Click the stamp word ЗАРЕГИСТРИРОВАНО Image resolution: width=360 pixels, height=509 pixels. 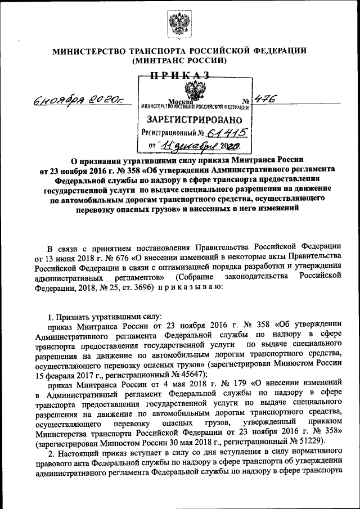[x=195, y=120]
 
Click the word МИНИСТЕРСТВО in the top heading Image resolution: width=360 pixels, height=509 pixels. [x=88, y=51]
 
